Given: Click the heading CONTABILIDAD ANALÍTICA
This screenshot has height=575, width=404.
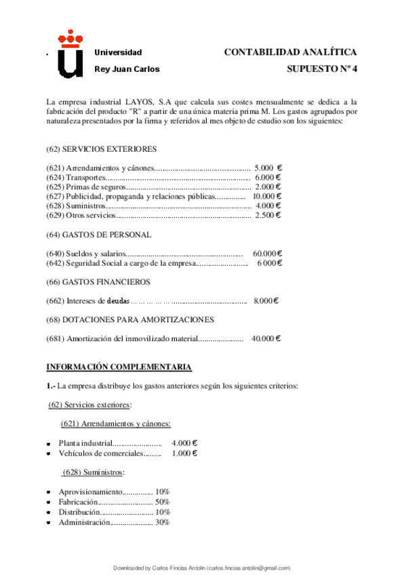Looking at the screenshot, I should pos(290,52).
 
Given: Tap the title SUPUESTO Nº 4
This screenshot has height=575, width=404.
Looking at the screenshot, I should pos(322,68).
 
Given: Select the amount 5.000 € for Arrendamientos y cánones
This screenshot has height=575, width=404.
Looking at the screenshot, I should pos(268,167).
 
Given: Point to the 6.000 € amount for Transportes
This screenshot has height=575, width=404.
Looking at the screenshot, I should pos(268,177).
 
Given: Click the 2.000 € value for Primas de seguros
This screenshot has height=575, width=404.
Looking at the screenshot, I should pos(268,186).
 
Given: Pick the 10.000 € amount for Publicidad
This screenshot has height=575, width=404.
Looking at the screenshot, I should pos(266,196).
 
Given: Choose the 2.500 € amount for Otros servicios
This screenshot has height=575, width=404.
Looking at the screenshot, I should pos(268,215).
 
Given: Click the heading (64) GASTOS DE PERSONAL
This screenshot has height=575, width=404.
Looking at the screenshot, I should pos(98,235).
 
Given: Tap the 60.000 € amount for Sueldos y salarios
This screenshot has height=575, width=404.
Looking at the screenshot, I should pos(266,254).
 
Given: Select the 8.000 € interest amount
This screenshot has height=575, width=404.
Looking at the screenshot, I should pos(266,300).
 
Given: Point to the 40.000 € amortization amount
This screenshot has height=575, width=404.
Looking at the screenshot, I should pos(266,338).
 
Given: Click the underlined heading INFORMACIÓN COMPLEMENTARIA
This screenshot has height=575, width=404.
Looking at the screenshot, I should pos(119,367).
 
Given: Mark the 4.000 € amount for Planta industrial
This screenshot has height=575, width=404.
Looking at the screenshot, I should pos(184,443).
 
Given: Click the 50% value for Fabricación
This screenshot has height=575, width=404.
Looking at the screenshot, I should pos(162,502).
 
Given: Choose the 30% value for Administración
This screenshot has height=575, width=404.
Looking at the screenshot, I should pos(162,522).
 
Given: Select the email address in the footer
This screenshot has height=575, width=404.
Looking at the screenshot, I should pos(249,568).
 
